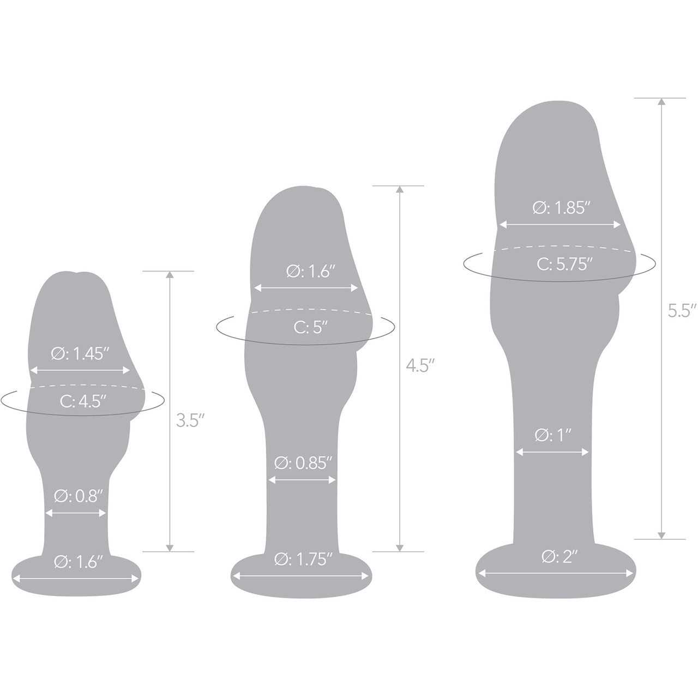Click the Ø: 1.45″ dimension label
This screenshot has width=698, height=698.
(x=81, y=354)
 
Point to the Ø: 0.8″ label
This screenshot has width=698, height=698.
(x=78, y=497)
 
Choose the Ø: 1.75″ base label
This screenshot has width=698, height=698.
(x=303, y=559)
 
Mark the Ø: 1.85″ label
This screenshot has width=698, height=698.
(x=561, y=208)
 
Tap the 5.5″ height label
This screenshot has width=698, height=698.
(x=682, y=311)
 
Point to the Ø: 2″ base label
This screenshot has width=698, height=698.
(x=556, y=557)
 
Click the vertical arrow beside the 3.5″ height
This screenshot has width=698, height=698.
(x=170, y=412)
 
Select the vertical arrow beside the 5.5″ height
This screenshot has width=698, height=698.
(x=662, y=319)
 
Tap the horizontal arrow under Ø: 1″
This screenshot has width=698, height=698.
(x=553, y=452)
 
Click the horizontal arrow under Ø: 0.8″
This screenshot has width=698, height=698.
(x=76, y=513)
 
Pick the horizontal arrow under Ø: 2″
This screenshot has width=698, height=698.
(x=556, y=573)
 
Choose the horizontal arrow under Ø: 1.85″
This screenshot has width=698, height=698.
(x=561, y=225)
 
